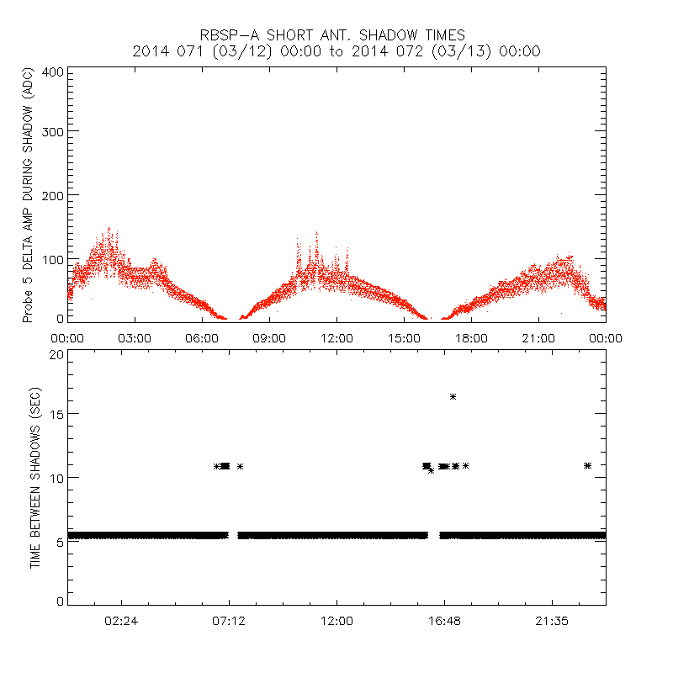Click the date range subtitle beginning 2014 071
336,51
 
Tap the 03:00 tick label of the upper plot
135,337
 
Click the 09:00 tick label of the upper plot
269,337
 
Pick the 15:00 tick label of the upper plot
404,337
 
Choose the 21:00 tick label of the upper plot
538,337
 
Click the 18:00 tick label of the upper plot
471,337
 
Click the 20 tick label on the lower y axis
56,354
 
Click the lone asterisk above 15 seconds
453,396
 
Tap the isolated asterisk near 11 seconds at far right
587,465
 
